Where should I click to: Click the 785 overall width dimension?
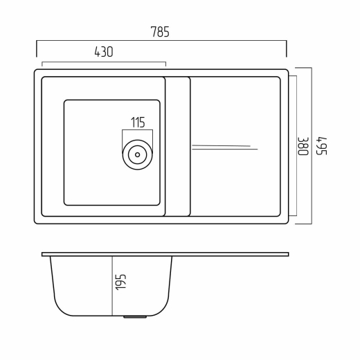coord(160,32)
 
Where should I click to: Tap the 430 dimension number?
coord(104,52)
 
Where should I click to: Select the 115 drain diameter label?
coord(138,123)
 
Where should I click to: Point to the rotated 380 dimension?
coord(303,147)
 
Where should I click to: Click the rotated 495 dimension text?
coord(321,146)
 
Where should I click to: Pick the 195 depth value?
coord(120,282)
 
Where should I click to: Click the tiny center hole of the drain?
coord(138,154)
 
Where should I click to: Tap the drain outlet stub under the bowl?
coord(135,317)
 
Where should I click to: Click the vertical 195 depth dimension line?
coord(112,286)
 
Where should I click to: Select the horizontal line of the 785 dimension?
coord(161,41)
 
